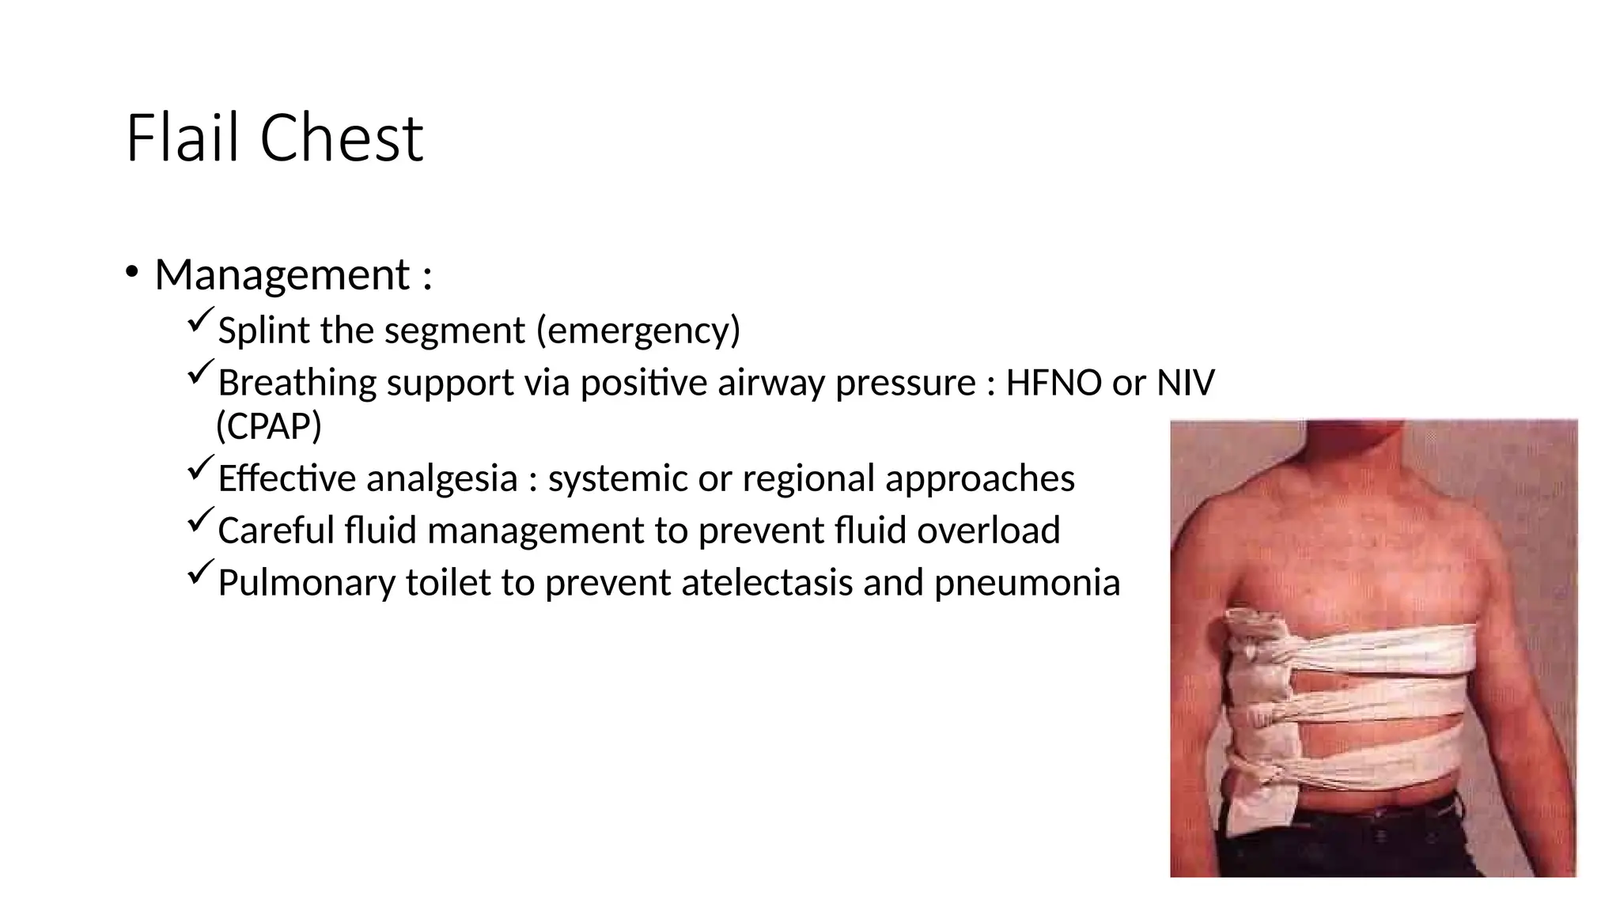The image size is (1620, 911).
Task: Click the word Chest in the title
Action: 342,138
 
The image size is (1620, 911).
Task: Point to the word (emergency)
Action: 638,331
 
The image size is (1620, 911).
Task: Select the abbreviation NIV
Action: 1185,384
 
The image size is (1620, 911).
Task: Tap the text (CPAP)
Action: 269,426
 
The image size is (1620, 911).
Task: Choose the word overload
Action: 988,531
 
